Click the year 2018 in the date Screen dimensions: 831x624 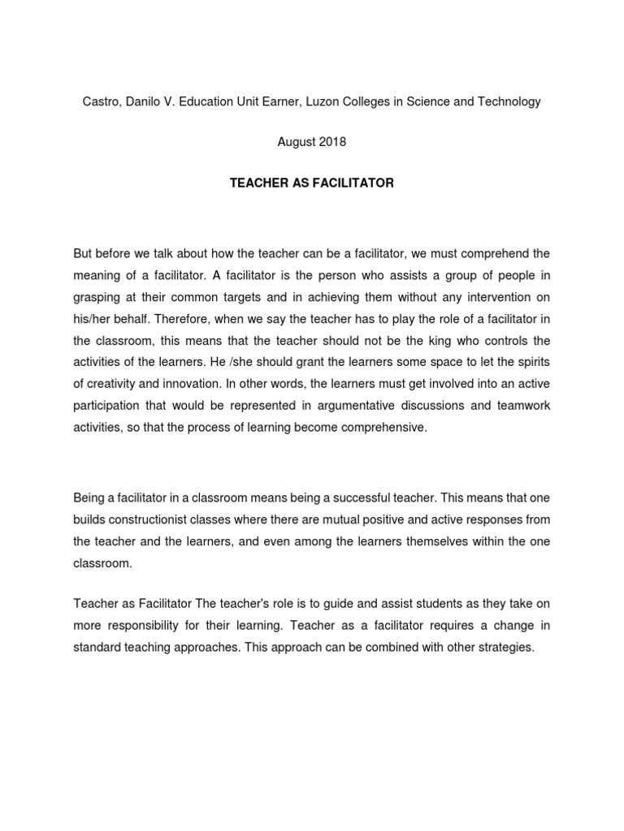[x=331, y=142]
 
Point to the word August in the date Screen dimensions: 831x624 [x=296, y=142]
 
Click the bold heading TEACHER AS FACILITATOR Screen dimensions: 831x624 [x=311, y=183]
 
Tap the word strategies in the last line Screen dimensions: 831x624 [x=505, y=648]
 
